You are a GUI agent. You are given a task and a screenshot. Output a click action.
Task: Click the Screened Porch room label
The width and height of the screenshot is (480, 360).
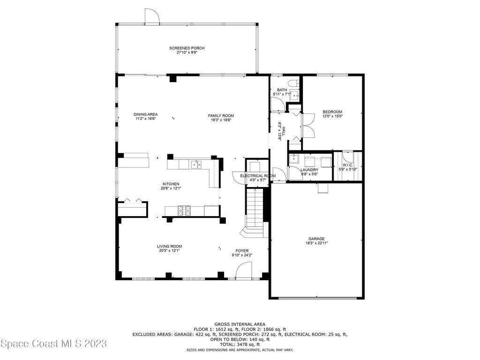(187, 48)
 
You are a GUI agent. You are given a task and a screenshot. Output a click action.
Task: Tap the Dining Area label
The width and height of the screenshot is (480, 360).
(145, 114)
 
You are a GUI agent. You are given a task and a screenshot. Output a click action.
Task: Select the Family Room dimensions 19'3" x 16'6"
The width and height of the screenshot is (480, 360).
(221, 120)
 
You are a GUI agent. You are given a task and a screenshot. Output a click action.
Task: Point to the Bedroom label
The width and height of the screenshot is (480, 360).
(332, 112)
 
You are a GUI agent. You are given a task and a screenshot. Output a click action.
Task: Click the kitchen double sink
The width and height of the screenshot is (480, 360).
(196, 165)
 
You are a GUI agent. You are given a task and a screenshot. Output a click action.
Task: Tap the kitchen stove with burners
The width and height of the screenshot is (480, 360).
(184, 210)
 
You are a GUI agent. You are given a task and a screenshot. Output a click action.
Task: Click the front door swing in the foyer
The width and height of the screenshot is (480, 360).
(244, 272)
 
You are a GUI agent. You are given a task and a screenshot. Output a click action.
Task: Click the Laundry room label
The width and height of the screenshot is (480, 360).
(309, 170)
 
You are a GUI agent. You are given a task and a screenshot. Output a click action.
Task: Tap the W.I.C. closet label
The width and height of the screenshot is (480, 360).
(347, 165)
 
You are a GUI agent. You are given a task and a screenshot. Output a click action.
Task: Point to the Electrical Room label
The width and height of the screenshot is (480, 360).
(258, 176)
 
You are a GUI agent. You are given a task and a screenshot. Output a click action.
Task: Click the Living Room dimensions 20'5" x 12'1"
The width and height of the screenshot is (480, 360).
(169, 250)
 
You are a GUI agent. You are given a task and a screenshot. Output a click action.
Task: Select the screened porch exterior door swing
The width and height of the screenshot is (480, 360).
(152, 16)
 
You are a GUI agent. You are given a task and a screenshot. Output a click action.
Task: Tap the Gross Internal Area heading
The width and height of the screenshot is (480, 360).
(240, 324)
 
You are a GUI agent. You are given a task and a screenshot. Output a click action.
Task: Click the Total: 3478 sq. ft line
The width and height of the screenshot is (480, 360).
(240, 345)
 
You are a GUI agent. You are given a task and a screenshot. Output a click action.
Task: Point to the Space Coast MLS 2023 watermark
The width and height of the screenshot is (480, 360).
(54, 344)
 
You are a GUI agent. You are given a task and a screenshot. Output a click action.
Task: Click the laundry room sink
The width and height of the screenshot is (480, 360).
(294, 158)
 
